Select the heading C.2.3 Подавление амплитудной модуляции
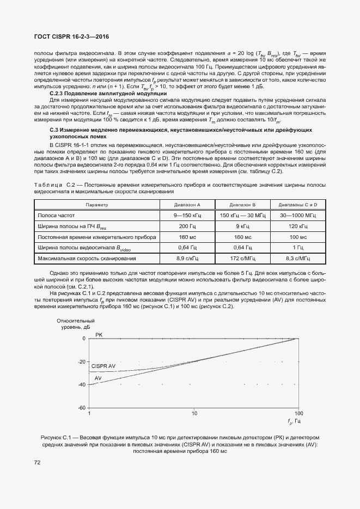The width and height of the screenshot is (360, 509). pyautogui.click(x=108, y=94)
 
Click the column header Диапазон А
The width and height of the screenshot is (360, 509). pyautogui.click(x=187, y=205)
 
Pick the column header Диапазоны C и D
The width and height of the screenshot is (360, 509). pyautogui.click(x=298, y=205)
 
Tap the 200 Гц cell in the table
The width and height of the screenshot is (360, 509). pyautogui.click(x=187, y=226)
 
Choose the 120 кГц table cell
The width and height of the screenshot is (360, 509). pyautogui.click(x=298, y=226)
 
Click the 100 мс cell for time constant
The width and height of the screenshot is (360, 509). pyautogui.click(x=298, y=237)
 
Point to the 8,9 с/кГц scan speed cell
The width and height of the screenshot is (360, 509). pyautogui.click(x=187, y=258)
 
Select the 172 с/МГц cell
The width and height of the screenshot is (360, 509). pyautogui.click(x=242, y=258)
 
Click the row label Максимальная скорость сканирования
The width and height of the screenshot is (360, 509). pyautogui.click(x=87, y=258)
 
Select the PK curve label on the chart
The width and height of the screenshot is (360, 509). pyautogui.click(x=99, y=334)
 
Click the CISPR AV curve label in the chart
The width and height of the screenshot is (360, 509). pyautogui.click(x=103, y=366)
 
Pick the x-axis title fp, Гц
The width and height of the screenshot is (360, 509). pyautogui.click(x=294, y=422)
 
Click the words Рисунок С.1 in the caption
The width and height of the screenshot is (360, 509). pyautogui.click(x=56, y=438)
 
